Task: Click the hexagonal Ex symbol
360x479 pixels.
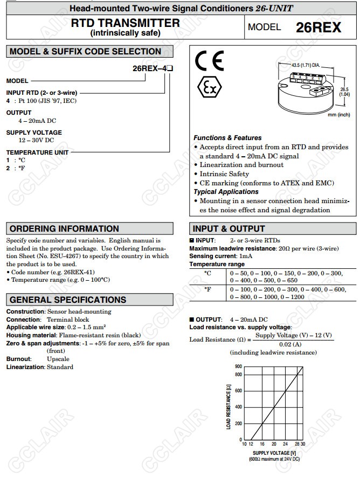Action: [207, 87]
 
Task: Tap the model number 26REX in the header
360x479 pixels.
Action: [319, 27]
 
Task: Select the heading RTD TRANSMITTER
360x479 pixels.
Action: [126, 23]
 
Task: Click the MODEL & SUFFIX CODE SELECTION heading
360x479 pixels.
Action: [86, 52]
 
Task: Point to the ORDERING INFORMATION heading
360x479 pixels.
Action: [64, 228]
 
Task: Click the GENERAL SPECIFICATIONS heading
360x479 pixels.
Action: [68, 300]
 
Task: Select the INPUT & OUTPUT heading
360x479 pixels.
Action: [229, 228]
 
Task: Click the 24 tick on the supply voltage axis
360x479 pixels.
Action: [286, 444]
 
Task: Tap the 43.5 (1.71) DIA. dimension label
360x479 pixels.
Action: [306, 65]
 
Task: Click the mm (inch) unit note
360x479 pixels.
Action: [339, 115]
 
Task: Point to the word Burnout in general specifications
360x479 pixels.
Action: [19, 358]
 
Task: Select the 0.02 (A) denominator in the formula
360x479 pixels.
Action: [290, 344]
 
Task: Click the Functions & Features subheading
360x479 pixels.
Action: [227, 138]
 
